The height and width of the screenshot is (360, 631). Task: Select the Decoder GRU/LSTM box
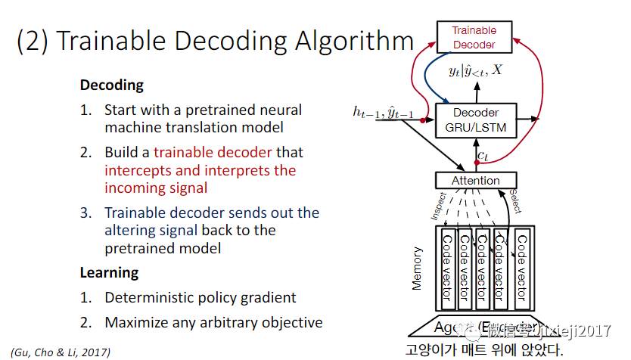(x=475, y=121)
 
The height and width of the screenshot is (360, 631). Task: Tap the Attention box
(x=476, y=181)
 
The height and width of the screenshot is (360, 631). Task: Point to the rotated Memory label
(x=417, y=270)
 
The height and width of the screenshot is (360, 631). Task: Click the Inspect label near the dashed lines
(x=440, y=206)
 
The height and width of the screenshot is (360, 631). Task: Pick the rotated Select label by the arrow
(x=516, y=201)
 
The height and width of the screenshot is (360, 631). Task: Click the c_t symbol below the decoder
(x=482, y=157)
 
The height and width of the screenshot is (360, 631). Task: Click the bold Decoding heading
(x=111, y=85)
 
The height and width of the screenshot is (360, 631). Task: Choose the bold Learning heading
(x=109, y=272)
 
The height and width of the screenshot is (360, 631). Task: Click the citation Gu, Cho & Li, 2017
(x=61, y=352)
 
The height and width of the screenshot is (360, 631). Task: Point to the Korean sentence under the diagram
(x=484, y=350)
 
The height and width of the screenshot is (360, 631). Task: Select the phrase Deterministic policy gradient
(x=200, y=297)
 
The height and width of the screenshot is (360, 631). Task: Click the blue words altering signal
(x=151, y=230)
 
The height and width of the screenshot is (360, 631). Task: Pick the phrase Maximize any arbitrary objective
(x=213, y=322)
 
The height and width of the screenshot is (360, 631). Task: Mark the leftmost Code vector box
(x=447, y=268)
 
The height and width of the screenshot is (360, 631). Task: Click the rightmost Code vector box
(x=521, y=268)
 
